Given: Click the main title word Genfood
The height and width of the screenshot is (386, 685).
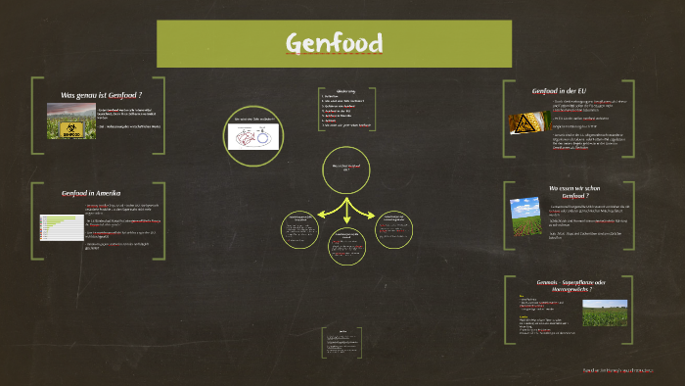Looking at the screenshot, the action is [x=334, y=43].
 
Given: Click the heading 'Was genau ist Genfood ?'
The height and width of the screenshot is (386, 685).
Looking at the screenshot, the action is [x=109, y=95].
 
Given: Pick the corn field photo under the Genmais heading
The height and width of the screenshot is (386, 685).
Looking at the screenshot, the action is [x=606, y=314].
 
